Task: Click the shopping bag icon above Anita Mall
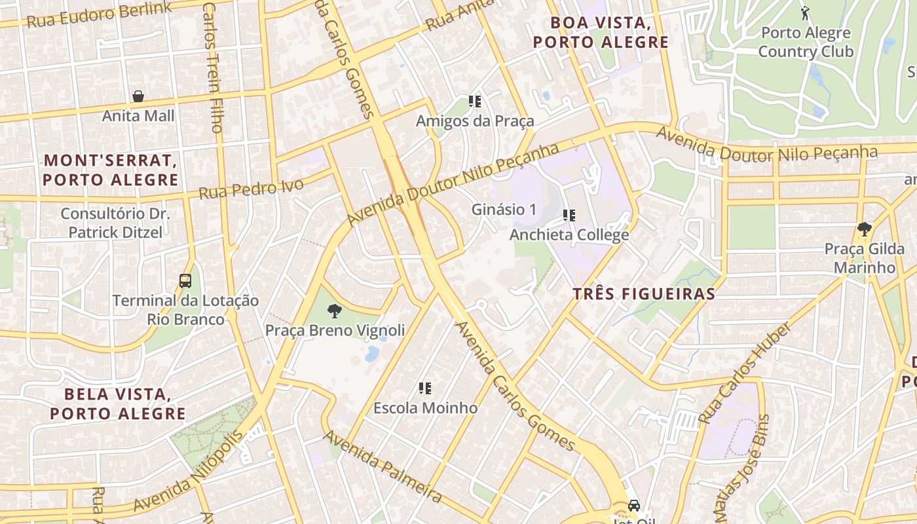138,96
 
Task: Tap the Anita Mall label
138,116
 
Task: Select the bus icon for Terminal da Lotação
185,281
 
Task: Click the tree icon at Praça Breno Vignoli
335,310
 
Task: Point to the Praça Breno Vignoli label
335,330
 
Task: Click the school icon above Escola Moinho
425,388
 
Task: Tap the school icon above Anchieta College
569,215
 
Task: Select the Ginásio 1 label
504,210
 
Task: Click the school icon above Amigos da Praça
475,102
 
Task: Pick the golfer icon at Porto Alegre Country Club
805,12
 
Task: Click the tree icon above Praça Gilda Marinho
864,229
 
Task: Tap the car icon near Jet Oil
633,505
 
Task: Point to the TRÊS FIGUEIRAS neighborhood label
644,294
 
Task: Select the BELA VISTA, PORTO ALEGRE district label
118,404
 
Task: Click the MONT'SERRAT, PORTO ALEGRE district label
111,170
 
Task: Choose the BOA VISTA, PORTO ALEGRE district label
601,32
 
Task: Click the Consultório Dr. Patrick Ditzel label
115,223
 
